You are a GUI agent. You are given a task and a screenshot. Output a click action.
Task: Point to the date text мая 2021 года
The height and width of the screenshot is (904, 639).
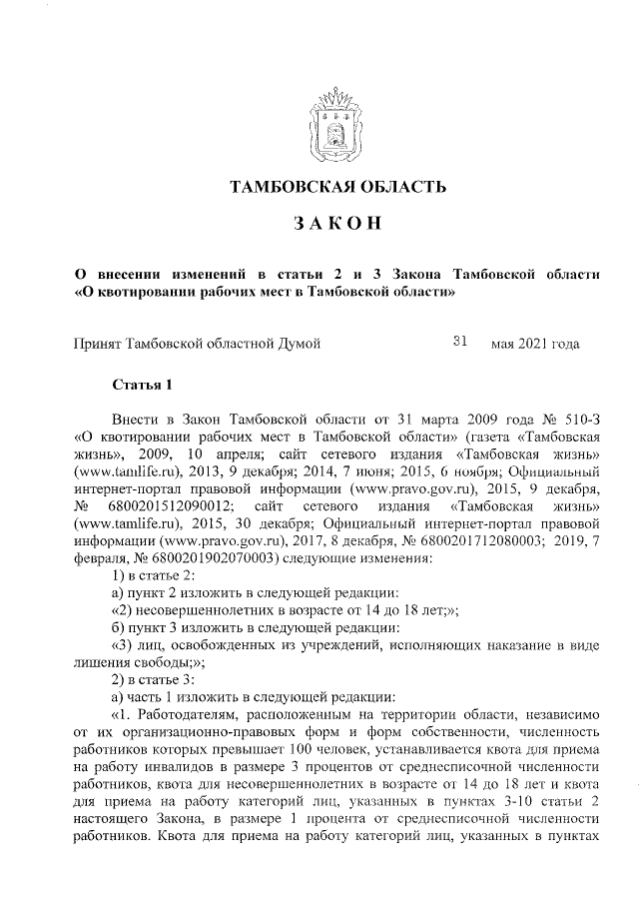pos(535,345)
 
